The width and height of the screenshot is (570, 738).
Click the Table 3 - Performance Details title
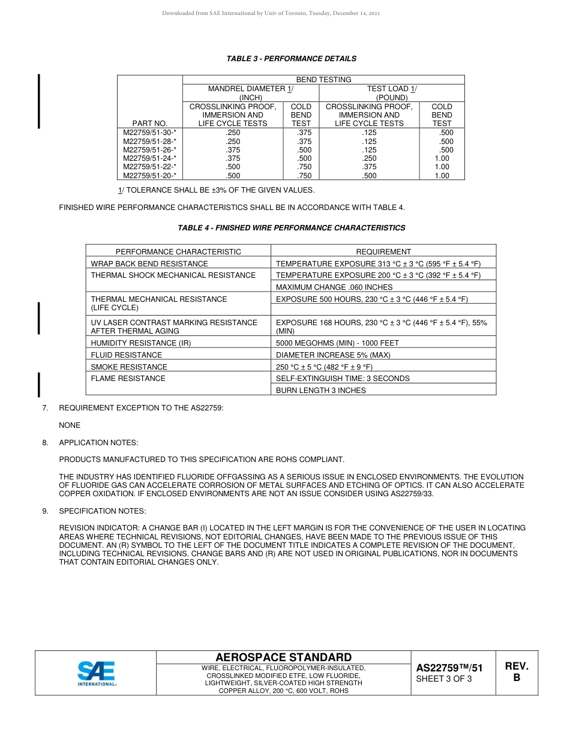291,59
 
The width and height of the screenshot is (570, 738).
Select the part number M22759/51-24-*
149,158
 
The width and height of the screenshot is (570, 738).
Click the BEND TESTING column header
323,79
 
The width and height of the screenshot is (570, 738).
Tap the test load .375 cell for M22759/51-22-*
369,167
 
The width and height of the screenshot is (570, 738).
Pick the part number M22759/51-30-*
149,132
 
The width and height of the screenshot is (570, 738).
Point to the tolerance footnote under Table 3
216,190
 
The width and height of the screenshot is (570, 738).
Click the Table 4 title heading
291,228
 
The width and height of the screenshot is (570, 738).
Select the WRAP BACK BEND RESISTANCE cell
149,263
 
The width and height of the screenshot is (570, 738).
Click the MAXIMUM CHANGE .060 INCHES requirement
334,287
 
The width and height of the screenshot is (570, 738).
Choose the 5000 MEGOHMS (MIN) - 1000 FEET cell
337,343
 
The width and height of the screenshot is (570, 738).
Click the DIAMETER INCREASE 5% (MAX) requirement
333,355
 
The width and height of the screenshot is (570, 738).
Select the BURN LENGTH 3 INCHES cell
320,390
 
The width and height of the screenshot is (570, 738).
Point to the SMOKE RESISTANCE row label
129,367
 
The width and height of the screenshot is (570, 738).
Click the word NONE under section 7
70,425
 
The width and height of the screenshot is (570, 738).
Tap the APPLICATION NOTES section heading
98,443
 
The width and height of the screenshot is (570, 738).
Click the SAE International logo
97,673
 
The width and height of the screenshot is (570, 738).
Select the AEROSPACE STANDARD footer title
283,658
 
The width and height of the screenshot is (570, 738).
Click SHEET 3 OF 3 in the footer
444,679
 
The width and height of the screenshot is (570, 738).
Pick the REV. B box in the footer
516,672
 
